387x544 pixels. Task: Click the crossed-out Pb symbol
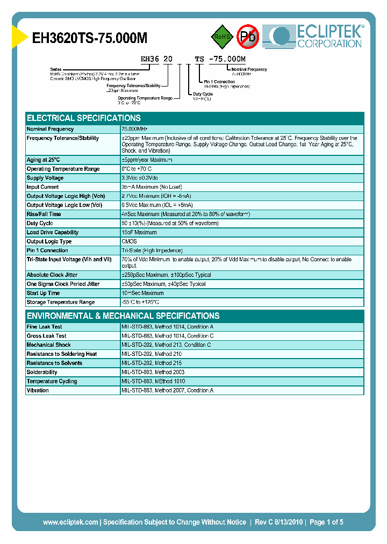pyautogui.click(x=248, y=37)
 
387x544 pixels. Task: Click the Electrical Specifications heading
pyautogui.click(x=84, y=118)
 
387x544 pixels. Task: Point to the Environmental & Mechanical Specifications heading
pyautogui.click(x=123, y=316)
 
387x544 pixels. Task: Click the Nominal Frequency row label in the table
pyautogui.click(x=51, y=129)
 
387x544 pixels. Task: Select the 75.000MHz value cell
pyautogui.click(x=134, y=129)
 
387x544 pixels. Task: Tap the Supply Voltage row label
pyautogui.click(x=45, y=178)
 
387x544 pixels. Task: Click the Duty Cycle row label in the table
pyautogui.click(x=40, y=223)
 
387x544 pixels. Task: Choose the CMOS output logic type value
pyautogui.click(x=129, y=241)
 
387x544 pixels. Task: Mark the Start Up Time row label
pyautogui.click(x=44, y=293)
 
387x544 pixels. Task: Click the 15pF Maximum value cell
pyautogui.click(x=139, y=232)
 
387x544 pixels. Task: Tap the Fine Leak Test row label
pyautogui.click(x=45, y=326)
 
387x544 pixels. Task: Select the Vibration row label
pyautogui.click(x=38, y=390)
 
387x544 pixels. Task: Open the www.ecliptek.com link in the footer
pyautogui.click(x=70, y=522)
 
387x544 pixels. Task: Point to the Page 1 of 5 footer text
pyautogui.click(x=326, y=522)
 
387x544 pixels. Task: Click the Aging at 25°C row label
pyautogui.click(x=44, y=160)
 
